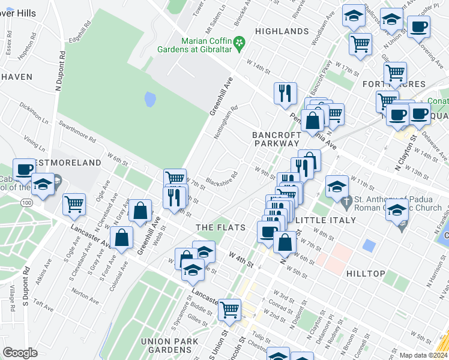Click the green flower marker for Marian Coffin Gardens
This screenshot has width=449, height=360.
coord(240,43)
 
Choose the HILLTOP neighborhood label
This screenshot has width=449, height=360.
coord(366,273)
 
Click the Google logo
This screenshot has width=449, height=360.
coord(20,352)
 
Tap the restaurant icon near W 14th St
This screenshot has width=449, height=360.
coord(285,92)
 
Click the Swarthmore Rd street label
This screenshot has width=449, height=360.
coord(76,131)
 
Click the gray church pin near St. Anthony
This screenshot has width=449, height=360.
coord(401,226)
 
